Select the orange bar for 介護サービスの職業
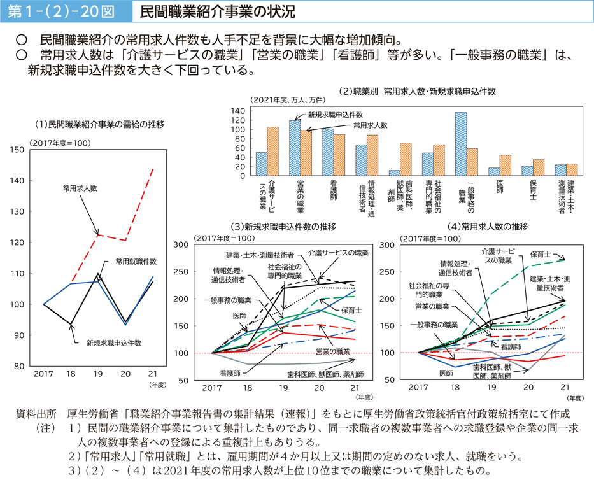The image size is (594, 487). tap(272, 152)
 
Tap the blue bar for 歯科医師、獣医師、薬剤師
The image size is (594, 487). tap(395, 173)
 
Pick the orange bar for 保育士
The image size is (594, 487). tap(538, 167)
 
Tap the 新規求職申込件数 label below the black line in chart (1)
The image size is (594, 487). tap(114, 343)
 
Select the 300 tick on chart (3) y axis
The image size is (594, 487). tap(199, 244)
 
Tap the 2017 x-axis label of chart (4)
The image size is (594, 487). tap(418, 387)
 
